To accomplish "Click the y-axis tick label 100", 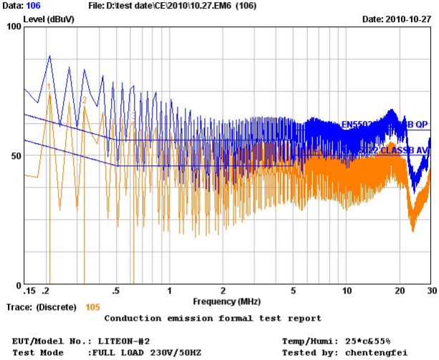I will pos(12,26).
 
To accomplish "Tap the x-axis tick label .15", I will pos(30,291).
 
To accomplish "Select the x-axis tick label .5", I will pos(116,291).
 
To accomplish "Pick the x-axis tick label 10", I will pos(347,291).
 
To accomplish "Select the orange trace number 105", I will pos(92,307).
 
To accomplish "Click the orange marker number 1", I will pos(49,86).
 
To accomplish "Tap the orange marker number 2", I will pos(84,100).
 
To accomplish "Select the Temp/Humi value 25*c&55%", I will pos(365,341).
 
